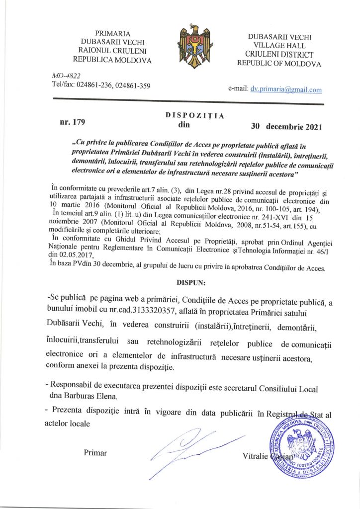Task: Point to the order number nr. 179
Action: [x=73, y=120]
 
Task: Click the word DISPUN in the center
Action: [x=193, y=281]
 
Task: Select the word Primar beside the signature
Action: [x=95, y=453]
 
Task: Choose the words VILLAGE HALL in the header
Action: [x=279, y=45]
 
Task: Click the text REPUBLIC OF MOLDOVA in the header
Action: [x=279, y=63]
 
